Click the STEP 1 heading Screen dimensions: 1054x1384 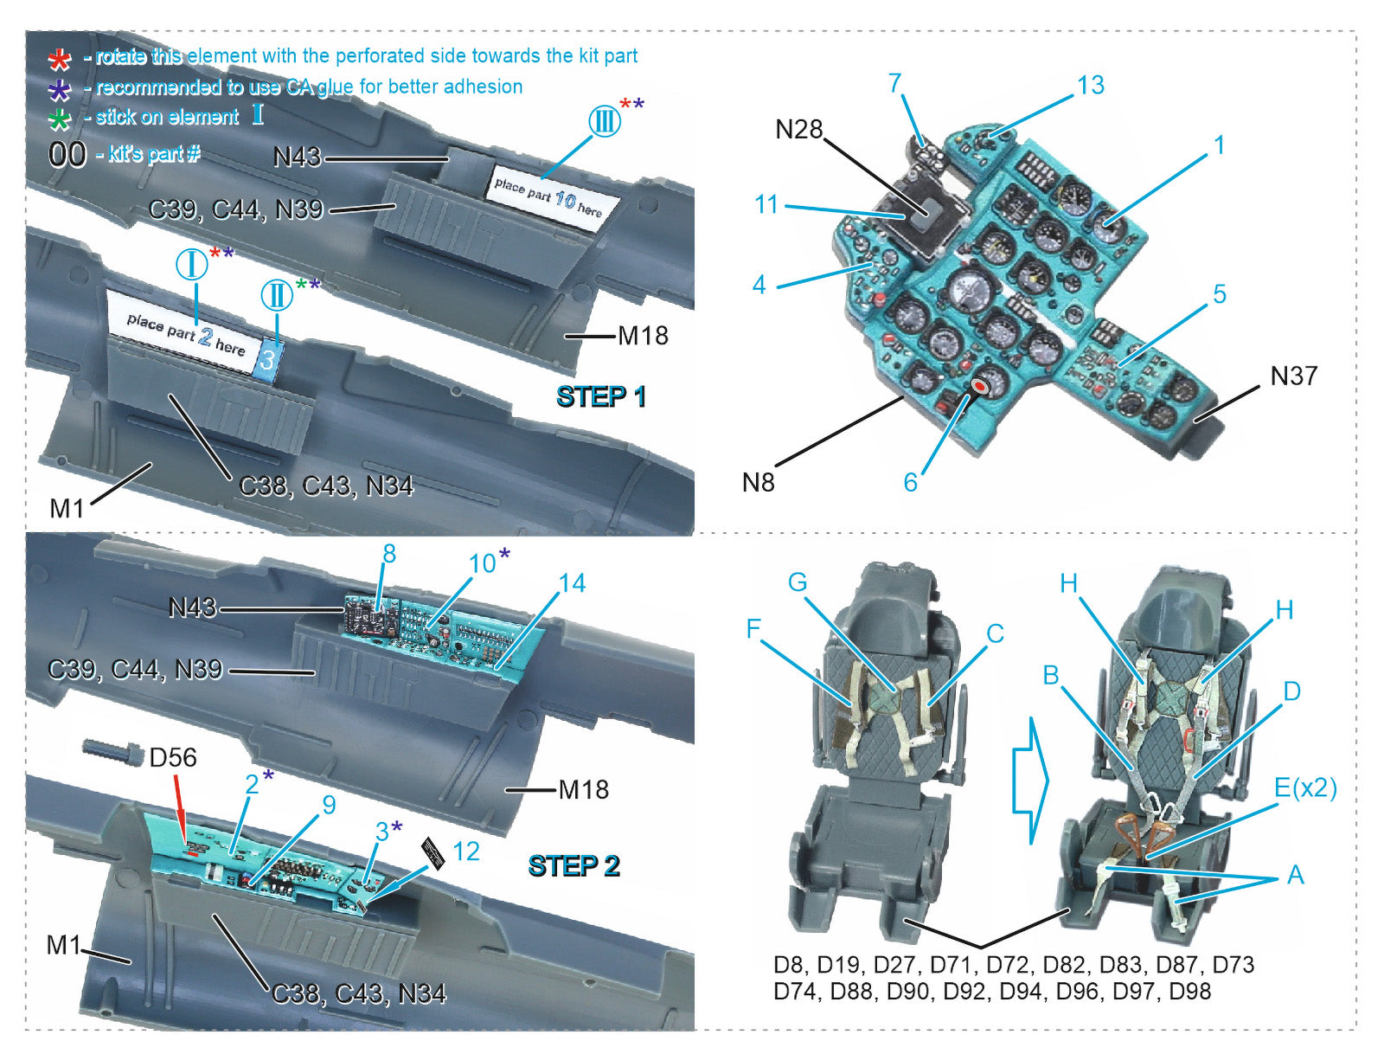pyautogui.click(x=600, y=396)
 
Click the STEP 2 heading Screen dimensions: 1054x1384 pyautogui.click(x=573, y=865)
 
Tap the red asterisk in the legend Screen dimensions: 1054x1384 pyautogui.click(x=59, y=59)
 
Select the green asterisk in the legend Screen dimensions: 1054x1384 pyautogui.click(x=59, y=119)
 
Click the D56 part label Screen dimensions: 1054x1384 pyautogui.click(x=172, y=757)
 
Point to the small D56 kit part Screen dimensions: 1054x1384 pyautogui.click(x=113, y=752)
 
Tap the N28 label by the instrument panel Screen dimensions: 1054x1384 pyautogui.click(x=798, y=130)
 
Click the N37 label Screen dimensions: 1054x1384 pyautogui.click(x=1293, y=376)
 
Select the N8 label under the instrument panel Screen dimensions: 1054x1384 pyautogui.click(x=758, y=482)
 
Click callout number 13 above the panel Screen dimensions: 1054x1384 pyautogui.click(x=1090, y=85)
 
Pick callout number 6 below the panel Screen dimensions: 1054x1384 pyautogui.click(x=910, y=482)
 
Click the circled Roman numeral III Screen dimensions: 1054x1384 pyautogui.click(x=605, y=120)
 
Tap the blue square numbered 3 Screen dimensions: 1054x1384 pyautogui.click(x=267, y=358)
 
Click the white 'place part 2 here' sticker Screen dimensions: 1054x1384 pyautogui.click(x=185, y=333)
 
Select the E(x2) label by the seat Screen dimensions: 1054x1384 pyautogui.click(x=1304, y=787)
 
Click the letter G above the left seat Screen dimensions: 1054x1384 pyautogui.click(x=797, y=582)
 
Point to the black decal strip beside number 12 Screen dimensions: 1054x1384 pyautogui.click(x=434, y=852)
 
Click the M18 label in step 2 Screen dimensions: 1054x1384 pyautogui.click(x=583, y=789)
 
